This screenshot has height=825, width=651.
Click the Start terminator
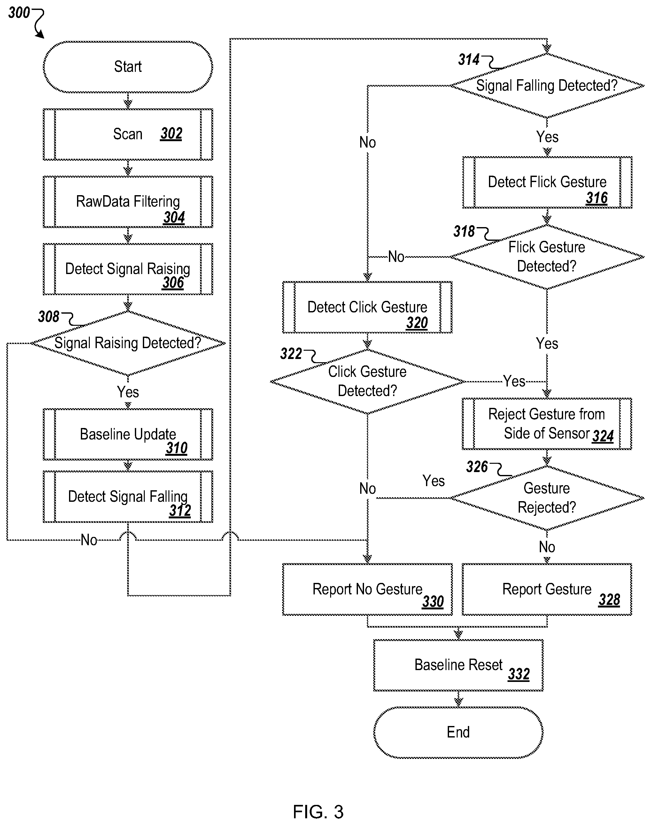click(x=128, y=67)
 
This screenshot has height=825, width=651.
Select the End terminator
click(x=458, y=732)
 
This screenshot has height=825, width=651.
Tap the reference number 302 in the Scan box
click(x=171, y=134)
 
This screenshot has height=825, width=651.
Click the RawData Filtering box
click(x=128, y=202)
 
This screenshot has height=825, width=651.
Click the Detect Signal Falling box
click(x=128, y=497)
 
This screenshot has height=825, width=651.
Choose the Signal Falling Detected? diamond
click(x=547, y=86)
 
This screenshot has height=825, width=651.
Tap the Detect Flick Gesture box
click(x=547, y=182)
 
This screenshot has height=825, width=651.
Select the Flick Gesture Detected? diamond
click(x=547, y=257)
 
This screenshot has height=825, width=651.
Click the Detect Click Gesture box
click(x=368, y=307)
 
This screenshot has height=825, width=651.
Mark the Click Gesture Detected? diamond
click(x=368, y=382)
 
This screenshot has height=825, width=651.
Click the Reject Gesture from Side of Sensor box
click(x=547, y=424)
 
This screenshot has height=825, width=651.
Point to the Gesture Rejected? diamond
click(x=547, y=498)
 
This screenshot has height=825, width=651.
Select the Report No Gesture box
click(x=368, y=589)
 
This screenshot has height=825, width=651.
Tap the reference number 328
click(x=609, y=600)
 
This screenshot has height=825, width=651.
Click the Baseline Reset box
click(x=458, y=665)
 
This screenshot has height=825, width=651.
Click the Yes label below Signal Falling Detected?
click(x=547, y=137)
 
